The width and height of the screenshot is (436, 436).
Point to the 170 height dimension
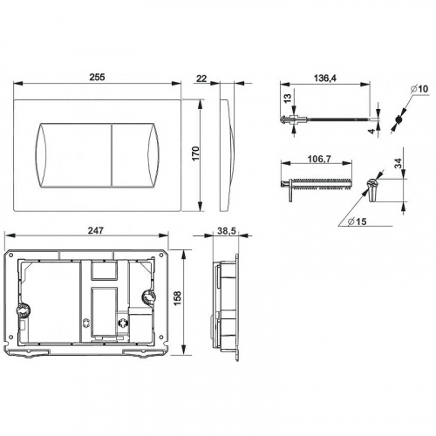tap(196, 154)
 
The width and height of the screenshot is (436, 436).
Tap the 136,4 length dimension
tap(324, 78)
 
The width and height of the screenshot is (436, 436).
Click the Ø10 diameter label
tap(419, 89)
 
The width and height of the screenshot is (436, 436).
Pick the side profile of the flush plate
tap(228, 154)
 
